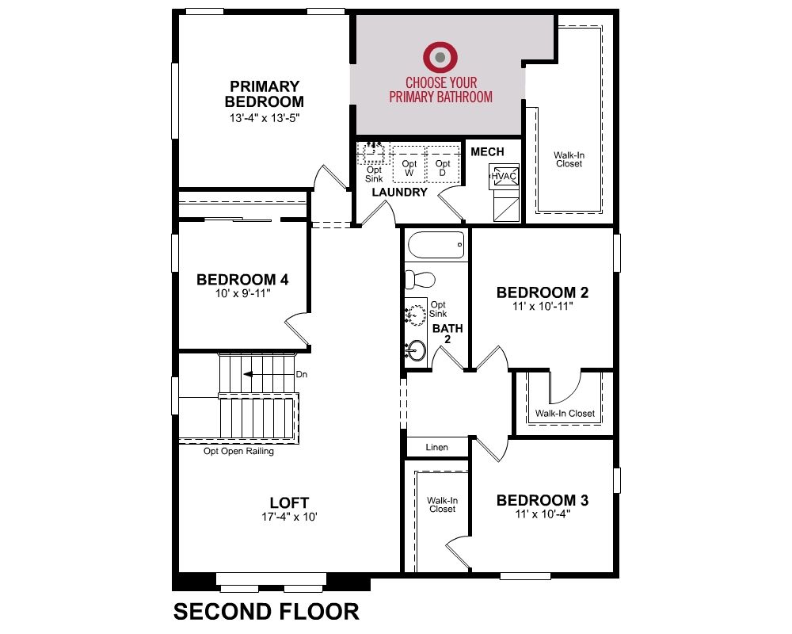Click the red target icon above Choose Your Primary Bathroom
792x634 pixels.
[x=440, y=56]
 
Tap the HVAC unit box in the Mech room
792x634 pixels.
[x=504, y=176]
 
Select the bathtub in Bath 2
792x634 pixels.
[x=436, y=245]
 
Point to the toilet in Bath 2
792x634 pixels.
[x=421, y=279]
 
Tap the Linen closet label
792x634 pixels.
[x=437, y=447]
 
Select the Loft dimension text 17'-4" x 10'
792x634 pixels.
[x=289, y=517]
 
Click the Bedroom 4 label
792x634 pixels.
[x=242, y=280]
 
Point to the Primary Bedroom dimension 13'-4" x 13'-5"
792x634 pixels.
[x=265, y=118]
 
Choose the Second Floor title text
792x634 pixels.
[x=266, y=611]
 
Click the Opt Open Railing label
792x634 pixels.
[x=238, y=451]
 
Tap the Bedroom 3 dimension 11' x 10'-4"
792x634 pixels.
[x=543, y=514]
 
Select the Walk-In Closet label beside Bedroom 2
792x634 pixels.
[x=565, y=413]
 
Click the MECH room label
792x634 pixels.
[x=487, y=151]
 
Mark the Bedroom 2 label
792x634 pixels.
[x=543, y=292]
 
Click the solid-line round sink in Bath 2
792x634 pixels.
[x=417, y=350]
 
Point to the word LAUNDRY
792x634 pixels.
[x=399, y=192]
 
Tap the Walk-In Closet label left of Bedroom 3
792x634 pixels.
[x=443, y=505]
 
